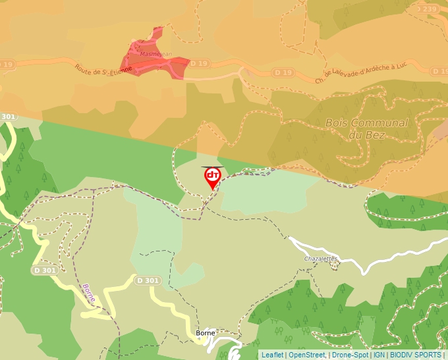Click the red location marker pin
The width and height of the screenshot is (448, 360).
point(212,177)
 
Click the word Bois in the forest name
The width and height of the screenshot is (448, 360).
point(338,123)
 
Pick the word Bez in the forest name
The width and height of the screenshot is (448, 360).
point(378,135)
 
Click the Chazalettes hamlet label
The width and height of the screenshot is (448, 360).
point(320,259)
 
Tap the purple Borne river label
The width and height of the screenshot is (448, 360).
point(89,294)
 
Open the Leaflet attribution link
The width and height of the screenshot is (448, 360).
point(272,355)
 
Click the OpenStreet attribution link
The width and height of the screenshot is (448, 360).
point(307,355)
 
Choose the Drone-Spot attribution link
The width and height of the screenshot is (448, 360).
point(350,355)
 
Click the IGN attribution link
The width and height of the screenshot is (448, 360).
point(379,355)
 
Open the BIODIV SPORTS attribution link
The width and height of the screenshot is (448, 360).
point(415,355)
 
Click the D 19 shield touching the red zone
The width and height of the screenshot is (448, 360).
point(199,64)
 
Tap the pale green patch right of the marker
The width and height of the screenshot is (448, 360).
point(264,191)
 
